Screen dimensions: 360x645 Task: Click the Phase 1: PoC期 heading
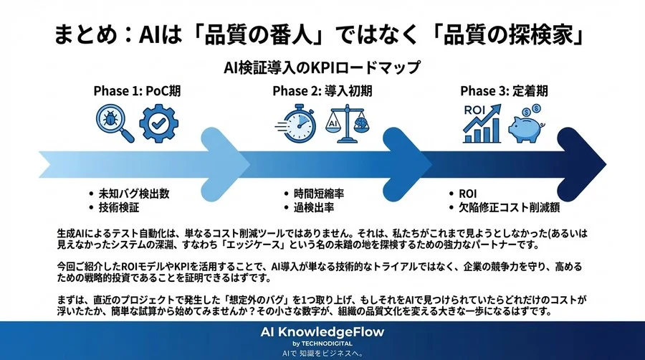pos(136,93)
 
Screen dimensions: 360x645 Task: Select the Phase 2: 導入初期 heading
pos(322,93)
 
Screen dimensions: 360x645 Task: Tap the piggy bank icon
pos(527,126)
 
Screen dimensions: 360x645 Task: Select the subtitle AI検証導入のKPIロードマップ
pos(322,67)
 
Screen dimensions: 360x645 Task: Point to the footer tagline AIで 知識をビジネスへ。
pos(322,353)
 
